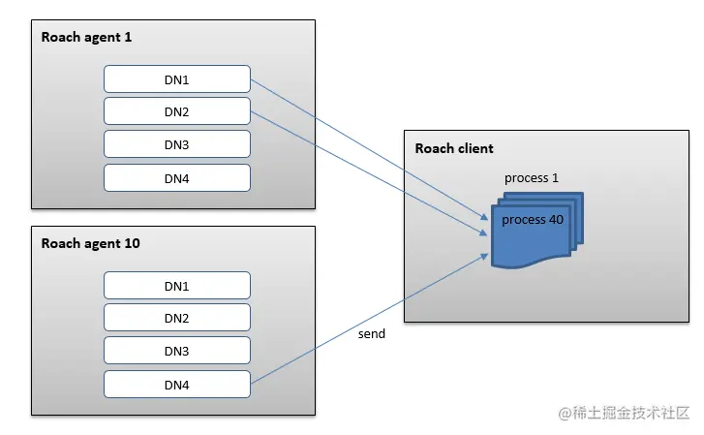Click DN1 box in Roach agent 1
click(177, 78)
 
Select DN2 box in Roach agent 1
click(177, 111)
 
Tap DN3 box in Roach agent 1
click(177, 144)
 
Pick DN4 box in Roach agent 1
click(177, 177)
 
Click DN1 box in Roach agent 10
click(177, 285)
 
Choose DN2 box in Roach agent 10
click(177, 318)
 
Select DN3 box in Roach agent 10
click(177, 351)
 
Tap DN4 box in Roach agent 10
click(177, 384)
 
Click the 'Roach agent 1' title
click(86, 37)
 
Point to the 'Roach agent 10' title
click(90, 243)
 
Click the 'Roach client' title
click(454, 148)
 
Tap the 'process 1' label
click(532, 178)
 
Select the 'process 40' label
click(533, 220)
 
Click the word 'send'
click(371, 333)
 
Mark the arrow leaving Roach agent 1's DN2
click(368, 171)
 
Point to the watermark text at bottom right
click(625, 413)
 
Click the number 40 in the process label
click(555, 220)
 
